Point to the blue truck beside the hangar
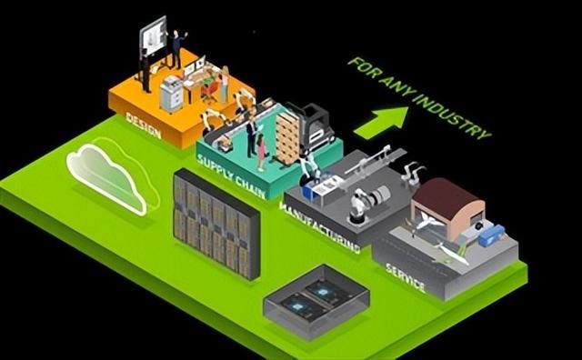pos(492,235)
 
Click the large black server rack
pos(216,221)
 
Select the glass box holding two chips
pos(316,297)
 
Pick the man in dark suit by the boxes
pos(250,137)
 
